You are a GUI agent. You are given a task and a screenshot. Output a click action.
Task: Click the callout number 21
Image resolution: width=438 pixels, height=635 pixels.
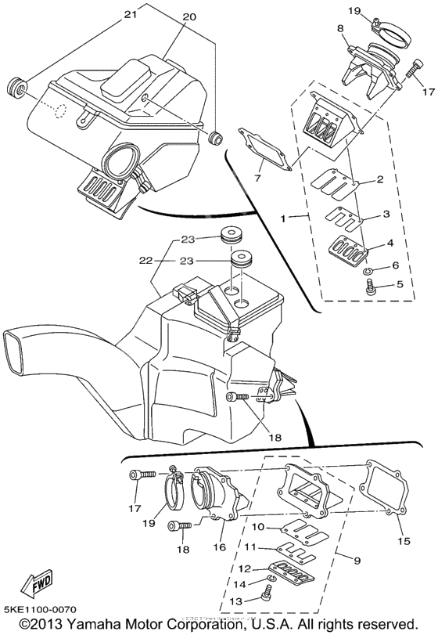pos(130,14)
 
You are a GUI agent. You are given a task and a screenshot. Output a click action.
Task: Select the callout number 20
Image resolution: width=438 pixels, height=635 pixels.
pos(189,17)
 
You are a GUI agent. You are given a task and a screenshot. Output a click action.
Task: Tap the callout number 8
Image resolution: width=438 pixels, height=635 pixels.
pos(339,28)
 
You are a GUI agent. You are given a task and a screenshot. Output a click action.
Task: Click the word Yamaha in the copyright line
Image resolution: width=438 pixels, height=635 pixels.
pos(84,625)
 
